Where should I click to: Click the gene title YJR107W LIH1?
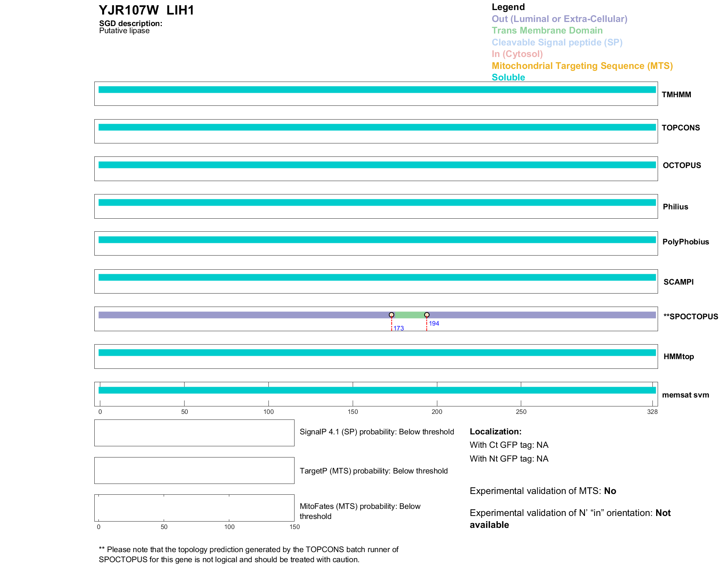point(146,10)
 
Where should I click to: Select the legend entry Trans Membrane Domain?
point(547,31)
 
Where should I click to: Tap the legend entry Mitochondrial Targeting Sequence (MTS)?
point(582,66)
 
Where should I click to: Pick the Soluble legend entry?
point(508,77)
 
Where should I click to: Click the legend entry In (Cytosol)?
point(517,54)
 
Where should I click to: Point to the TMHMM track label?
point(676,95)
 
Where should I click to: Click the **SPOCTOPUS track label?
point(690,317)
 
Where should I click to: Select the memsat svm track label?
point(685,395)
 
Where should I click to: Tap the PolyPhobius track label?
point(685,242)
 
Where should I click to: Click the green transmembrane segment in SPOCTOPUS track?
point(409,315)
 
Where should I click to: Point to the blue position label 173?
point(399,328)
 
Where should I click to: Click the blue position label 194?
point(434,323)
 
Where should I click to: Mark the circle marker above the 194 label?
point(427,315)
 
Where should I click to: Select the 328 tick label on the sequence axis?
point(652,412)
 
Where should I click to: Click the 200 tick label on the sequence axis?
point(437,412)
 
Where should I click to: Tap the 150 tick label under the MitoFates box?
point(295,527)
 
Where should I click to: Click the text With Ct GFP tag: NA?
point(509,445)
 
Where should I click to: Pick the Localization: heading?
point(495,431)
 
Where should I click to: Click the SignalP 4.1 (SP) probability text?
point(377,432)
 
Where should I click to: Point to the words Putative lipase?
point(124,31)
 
